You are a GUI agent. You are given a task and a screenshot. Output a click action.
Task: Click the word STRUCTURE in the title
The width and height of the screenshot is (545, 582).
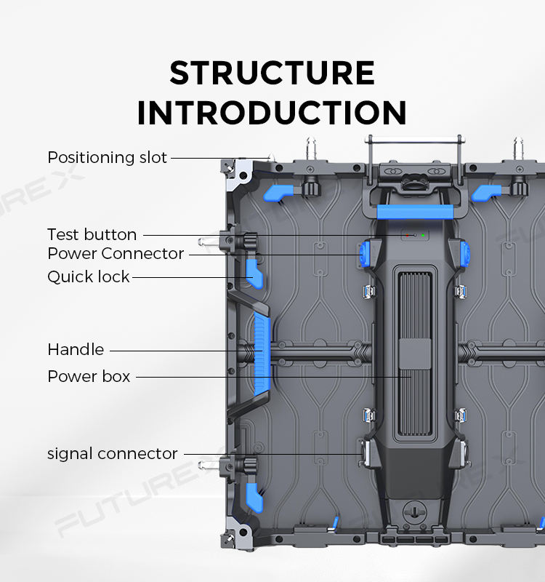click(272, 73)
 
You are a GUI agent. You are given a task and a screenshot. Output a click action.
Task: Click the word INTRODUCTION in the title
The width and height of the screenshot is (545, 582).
click(272, 113)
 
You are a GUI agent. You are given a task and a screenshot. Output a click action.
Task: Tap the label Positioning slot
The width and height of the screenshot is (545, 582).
click(107, 157)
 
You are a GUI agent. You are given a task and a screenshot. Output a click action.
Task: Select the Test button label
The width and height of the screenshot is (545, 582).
click(92, 234)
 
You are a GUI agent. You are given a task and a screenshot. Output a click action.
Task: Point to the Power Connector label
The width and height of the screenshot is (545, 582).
click(116, 253)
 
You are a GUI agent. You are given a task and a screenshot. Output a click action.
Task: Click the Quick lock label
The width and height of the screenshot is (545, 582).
click(88, 276)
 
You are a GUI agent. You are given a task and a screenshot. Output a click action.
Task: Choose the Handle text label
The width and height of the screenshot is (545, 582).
click(76, 349)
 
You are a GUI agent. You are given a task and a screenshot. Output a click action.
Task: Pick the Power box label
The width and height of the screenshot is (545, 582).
click(89, 376)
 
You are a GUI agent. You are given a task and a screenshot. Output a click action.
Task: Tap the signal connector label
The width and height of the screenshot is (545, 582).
click(112, 453)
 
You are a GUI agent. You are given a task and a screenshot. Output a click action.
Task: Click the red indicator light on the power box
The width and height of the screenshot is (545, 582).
click(408, 235)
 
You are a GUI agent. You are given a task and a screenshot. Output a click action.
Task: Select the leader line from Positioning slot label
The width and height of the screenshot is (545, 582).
click(218, 157)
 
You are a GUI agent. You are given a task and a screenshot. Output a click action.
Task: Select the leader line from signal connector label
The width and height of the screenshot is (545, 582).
click(269, 454)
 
